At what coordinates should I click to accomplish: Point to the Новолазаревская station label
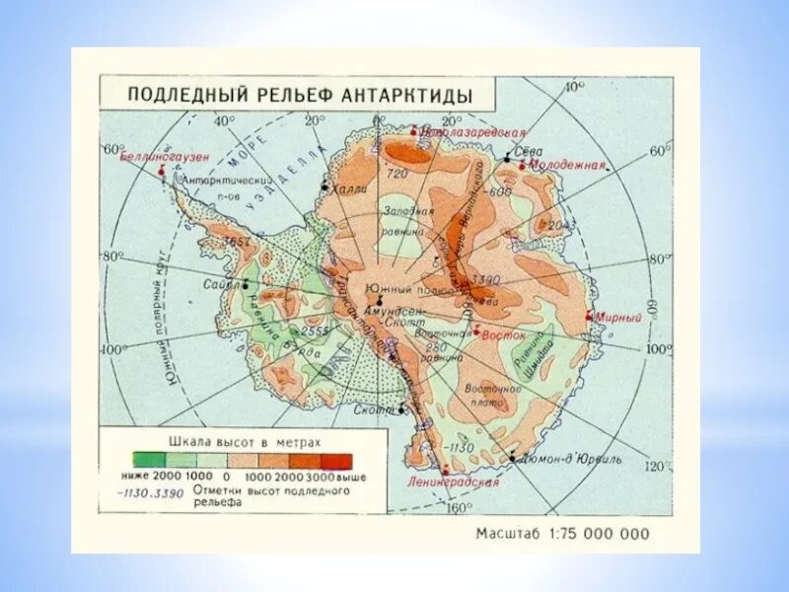pyautogui.click(x=471, y=131)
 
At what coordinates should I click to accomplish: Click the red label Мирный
pyautogui.click(x=619, y=318)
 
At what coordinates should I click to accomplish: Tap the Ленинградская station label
pyautogui.click(x=453, y=482)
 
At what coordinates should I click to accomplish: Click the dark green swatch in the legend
pyautogui.click(x=151, y=460)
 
